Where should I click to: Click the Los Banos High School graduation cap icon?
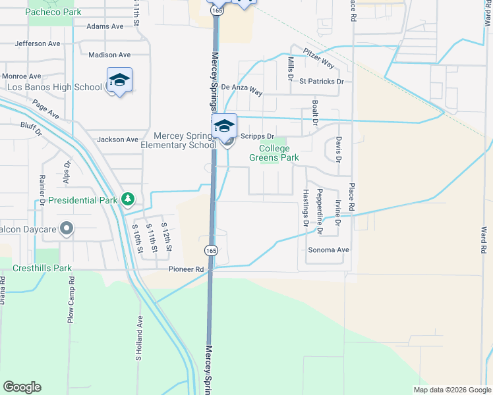(119, 80)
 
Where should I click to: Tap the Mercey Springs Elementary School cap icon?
(225, 126)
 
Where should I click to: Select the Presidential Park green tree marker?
(127, 199)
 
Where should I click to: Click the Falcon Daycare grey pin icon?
(66, 228)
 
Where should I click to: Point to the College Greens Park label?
(274, 153)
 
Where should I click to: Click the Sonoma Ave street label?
(328, 250)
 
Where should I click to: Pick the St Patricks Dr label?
(321, 82)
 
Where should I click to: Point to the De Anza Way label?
(241, 88)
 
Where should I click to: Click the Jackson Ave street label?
(117, 140)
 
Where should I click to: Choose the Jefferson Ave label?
(38, 43)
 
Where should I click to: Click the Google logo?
(22, 387)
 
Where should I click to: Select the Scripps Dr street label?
(252, 136)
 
